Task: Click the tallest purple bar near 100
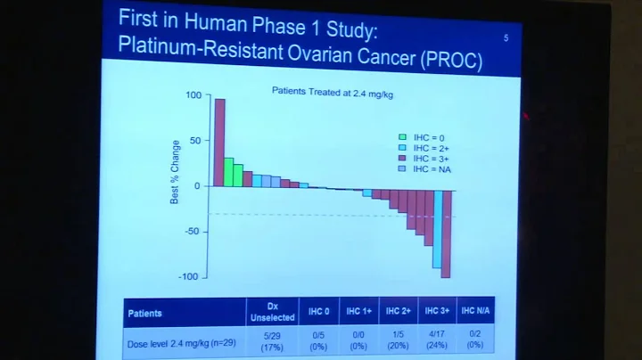tap(219, 142)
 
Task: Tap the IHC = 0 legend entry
tap(424, 137)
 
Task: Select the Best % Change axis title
tap(176, 171)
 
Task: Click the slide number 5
tap(506, 37)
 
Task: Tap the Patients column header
tap(145, 314)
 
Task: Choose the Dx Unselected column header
tap(272, 311)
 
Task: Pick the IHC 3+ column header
tap(437, 311)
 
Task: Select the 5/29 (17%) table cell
tap(272, 340)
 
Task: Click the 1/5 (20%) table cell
tap(399, 340)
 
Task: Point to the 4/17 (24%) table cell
tap(437, 340)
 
